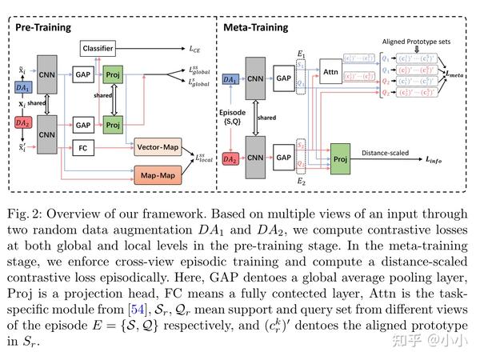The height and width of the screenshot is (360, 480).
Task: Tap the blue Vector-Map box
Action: pos(156,148)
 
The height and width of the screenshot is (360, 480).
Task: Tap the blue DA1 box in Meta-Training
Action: pos(229,80)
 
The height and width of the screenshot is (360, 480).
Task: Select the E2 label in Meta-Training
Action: pos(301,180)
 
